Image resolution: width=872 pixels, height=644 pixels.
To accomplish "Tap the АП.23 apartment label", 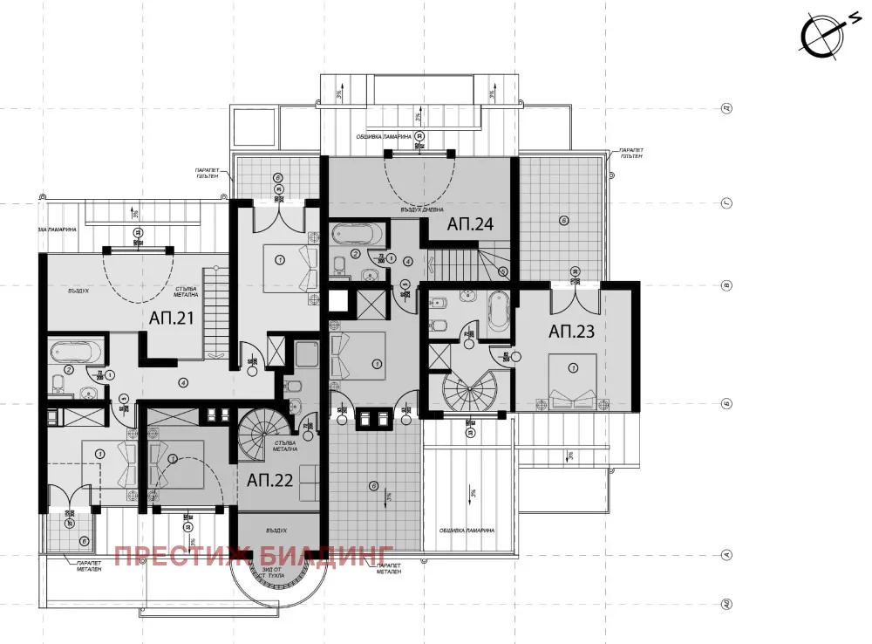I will (570, 332).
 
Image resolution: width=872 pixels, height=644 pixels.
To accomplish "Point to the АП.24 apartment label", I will (471, 224).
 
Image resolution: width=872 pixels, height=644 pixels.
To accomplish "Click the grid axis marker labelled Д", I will (726, 109).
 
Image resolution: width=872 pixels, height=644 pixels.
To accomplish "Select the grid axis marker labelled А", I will (726, 553).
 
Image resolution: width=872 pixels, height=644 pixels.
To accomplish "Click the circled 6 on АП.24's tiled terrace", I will (563, 222).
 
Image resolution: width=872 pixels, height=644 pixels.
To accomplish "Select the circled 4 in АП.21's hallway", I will (183, 382).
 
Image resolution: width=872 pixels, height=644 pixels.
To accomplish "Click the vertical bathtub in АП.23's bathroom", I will (498, 312).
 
